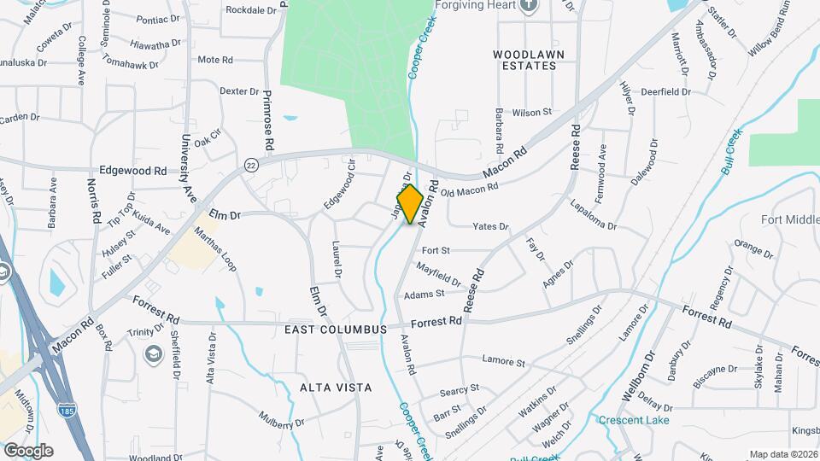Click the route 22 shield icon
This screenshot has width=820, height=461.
[250, 164]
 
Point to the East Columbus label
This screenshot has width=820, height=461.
[348, 329]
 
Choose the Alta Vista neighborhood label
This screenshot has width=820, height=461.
[336, 388]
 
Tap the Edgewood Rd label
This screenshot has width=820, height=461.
[132, 171]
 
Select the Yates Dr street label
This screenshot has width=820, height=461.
[491, 227]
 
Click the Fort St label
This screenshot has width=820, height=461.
[436, 250]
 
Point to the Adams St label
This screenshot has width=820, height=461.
[425, 294]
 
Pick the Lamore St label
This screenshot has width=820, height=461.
[503, 362]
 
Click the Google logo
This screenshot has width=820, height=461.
[28, 450]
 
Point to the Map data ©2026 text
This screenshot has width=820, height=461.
[782, 454]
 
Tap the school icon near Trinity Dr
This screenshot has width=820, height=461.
[154, 354]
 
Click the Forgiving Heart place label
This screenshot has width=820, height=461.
[471, 5]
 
